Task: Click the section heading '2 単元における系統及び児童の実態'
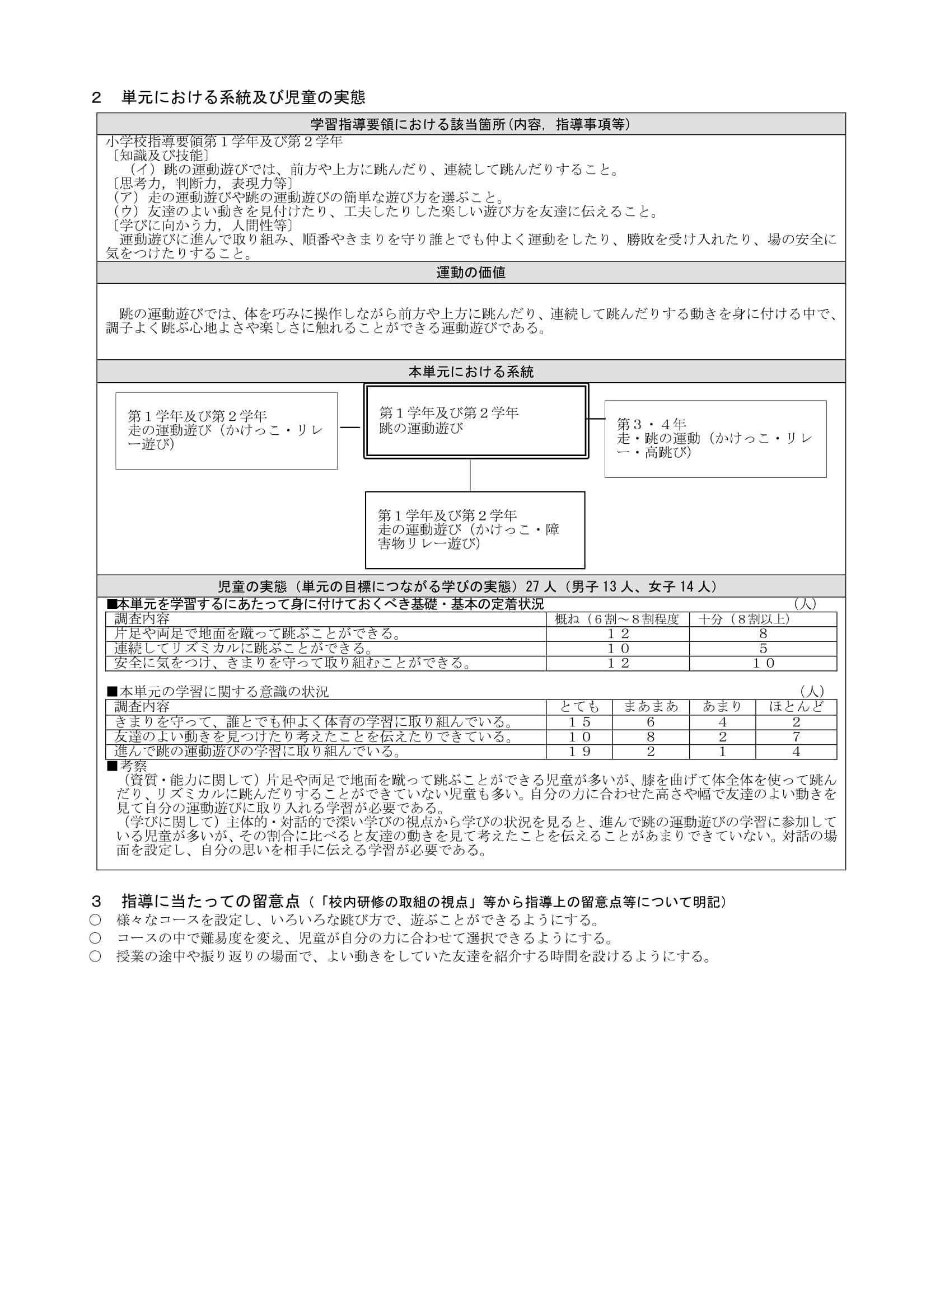(x=228, y=97)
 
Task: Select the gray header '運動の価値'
(x=470, y=273)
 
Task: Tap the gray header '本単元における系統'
(x=470, y=372)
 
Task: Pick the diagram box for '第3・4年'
(x=715, y=438)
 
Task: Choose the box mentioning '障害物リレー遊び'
(x=474, y=529)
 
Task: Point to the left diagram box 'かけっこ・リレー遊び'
(x=226, y=430)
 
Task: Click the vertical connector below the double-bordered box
(x=470, y=475)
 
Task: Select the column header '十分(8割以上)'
(x=763, y=619)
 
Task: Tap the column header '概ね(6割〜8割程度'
(x=617, y=619)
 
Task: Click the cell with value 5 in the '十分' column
(x=763, y=649)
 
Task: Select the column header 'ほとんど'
(x=796, y=707)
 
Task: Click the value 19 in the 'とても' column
(x=579, y=752)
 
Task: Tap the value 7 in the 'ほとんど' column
(x=796, y=737)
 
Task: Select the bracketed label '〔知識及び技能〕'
(x=157, y=156)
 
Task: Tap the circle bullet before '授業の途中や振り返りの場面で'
(x=95, y=956)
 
